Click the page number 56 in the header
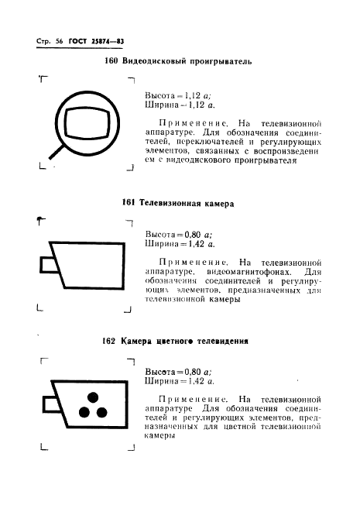click(58, 40)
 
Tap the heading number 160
click(110, 61)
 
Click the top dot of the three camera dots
click(91, 397)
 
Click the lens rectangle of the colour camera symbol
click(48, 404)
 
